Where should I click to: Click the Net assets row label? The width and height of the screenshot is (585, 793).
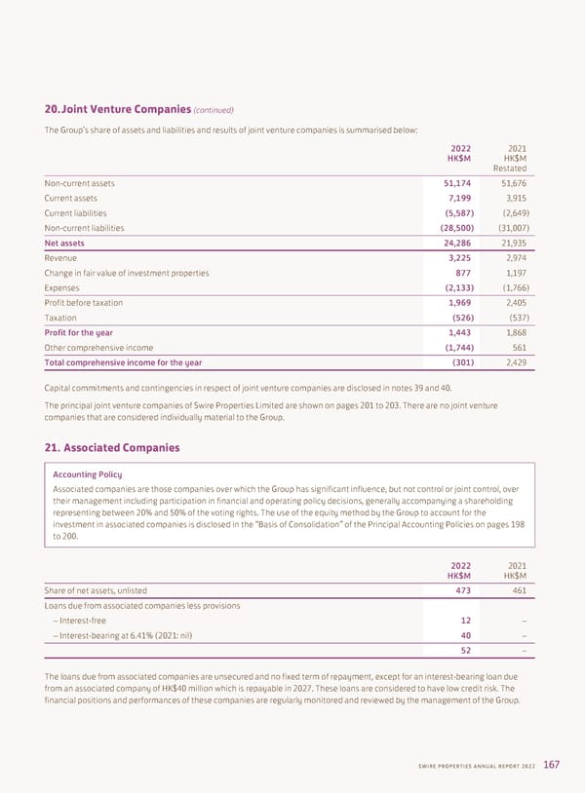click(64, 243)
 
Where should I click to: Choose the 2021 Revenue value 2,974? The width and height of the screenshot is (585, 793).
click(514, 258)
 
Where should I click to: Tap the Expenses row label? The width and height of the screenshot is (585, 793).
click(62, 288)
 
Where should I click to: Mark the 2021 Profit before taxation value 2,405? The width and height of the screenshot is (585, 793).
click(514, 303)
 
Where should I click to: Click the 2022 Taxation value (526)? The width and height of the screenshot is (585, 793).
click(459, 318)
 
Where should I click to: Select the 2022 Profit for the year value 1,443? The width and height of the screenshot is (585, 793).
click(454, 332)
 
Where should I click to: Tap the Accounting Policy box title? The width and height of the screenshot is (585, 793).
click(88, 474)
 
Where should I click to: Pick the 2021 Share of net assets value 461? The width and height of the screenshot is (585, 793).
click(518, 588)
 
